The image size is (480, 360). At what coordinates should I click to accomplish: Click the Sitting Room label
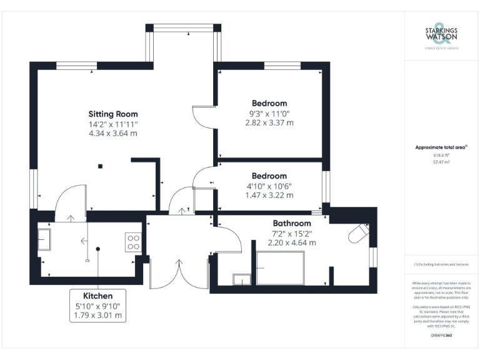[x=112, y=114]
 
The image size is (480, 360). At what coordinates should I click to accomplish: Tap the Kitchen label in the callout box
[x=98, y=296]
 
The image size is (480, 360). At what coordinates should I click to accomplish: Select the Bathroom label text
[x=291, y=223]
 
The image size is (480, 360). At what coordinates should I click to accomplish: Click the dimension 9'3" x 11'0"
[x=269, y=114]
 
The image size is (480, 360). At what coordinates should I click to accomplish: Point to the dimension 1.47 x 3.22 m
[x=269, y=195]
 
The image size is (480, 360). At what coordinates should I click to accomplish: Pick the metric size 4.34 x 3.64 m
[x=112, y=133]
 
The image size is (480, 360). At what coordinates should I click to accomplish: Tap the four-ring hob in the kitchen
[x=133, y=242]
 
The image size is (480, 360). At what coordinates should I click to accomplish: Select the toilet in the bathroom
[x=358, y=234]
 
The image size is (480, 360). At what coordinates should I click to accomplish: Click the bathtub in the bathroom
[x=280, y=268]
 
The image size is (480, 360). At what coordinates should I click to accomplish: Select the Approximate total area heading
[x=441, y=147]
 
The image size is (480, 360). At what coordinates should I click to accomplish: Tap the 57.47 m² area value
[x=441, y=161]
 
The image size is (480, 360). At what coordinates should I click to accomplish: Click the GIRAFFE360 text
[x=441, y=336]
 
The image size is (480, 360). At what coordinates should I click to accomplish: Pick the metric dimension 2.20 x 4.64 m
[x=291, y=242]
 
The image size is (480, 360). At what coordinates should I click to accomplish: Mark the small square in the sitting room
[x=99, y=166]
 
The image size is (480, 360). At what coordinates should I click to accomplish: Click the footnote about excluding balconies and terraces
[x=441, y=265]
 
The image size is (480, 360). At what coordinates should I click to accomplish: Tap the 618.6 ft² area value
[x=441, y=155]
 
